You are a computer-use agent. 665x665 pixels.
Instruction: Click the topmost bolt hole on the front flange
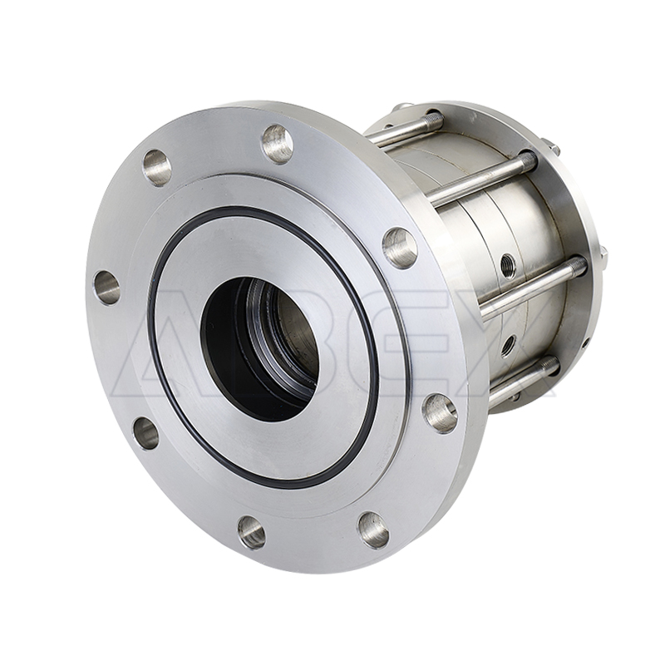pyautogui.click(x=278, y=143)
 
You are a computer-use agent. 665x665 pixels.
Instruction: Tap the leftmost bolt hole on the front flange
pyautogui.click(x=106, y=288)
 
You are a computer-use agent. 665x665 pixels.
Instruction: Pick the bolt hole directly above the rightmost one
pyautogui.click(x=400, y=249)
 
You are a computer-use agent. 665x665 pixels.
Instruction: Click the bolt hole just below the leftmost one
pyautogui.click(x=145, y=432)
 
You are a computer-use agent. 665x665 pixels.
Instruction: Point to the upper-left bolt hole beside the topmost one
pyautogui.click(x=157, y=169)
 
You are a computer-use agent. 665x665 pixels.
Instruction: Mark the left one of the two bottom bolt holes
pyautogui.click(x=252, y=531)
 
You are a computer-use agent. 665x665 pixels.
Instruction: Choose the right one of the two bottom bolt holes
pyautogui.click(x=373, y=530)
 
